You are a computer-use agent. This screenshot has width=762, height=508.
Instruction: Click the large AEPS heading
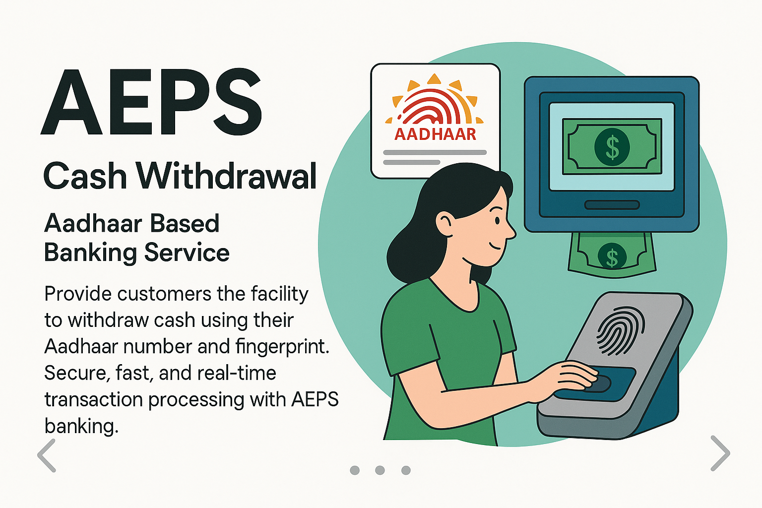click(x=151, y=103)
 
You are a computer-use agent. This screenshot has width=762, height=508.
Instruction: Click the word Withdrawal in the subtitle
click(x=227, y=176)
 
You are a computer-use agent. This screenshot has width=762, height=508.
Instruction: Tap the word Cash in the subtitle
click(x=85, y=176)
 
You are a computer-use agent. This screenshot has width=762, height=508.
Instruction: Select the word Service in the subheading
click(x=187, y=253)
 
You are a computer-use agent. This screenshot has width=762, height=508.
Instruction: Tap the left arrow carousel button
click(x=47, y=454)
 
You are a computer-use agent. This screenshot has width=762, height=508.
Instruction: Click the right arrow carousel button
click(x=720, y=452)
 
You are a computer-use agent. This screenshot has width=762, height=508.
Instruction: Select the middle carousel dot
click(x=380, y=470)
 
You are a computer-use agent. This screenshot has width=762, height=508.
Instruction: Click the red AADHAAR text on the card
click(x=435, y=134)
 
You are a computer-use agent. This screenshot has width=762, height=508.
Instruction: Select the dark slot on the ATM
click(x=612, y=205)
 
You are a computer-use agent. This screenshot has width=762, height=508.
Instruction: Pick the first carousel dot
click(x=355, y=470)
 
